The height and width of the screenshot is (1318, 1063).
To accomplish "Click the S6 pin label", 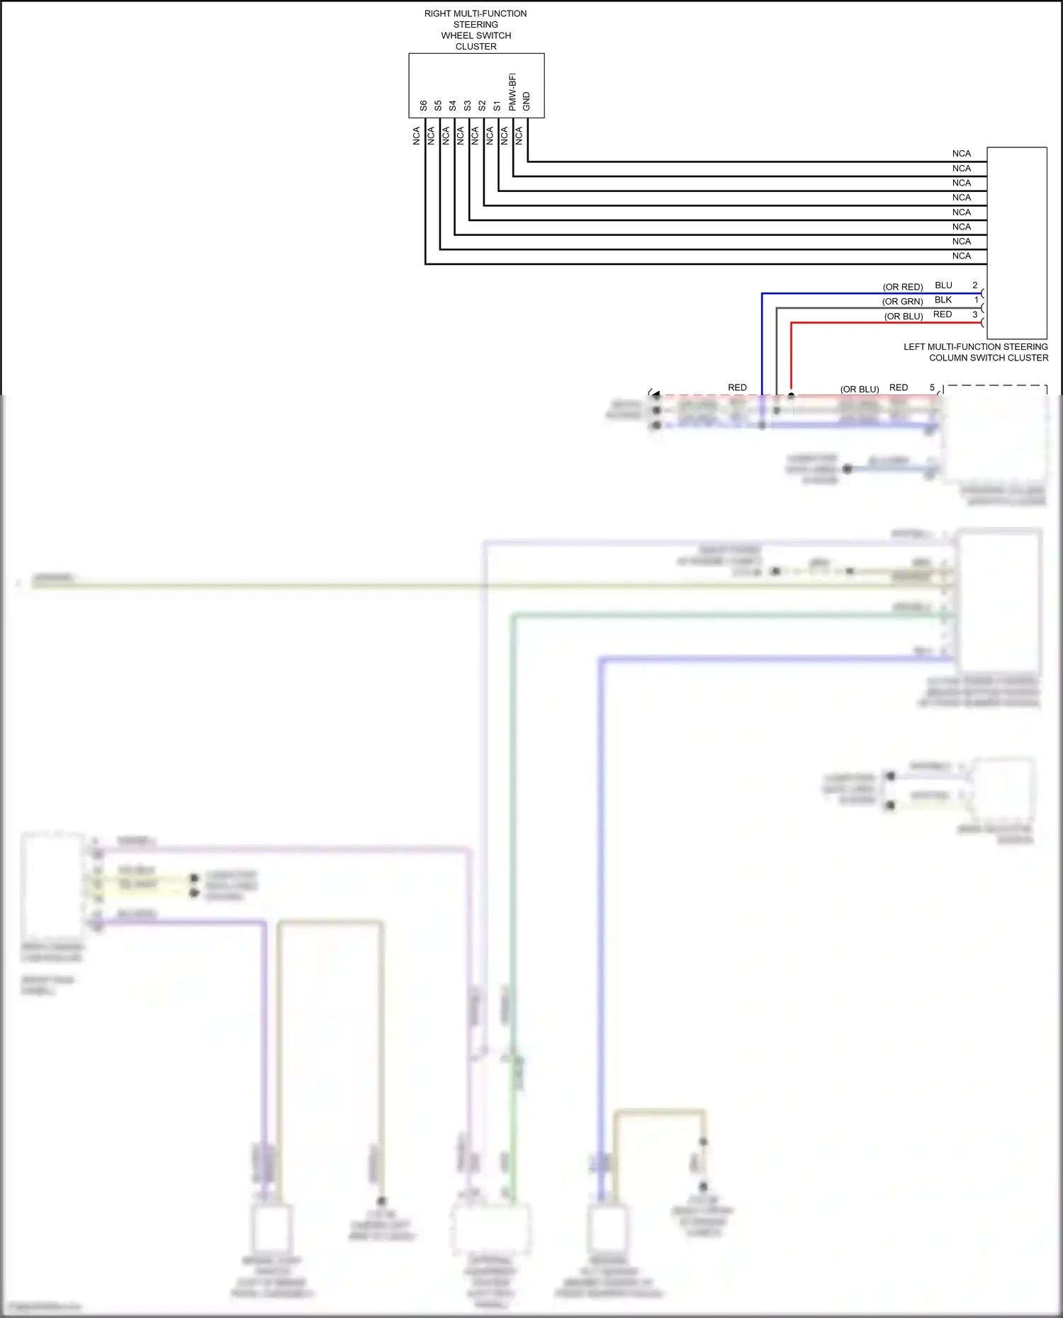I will click(423, 106).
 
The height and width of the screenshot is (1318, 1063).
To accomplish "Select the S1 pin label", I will click(497, 106).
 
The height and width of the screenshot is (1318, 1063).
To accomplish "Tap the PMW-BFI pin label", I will click(512, 92).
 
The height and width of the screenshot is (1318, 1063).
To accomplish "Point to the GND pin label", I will click(527, 101).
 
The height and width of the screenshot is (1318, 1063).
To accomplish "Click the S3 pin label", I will click(467, 106).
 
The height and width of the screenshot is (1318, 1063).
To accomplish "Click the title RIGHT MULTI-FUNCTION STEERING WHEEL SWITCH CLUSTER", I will click(476, 30).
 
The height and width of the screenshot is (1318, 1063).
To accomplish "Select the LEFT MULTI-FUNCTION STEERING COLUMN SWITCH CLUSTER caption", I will click(976, 352).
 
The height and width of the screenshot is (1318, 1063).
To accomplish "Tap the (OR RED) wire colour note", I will click(902, 287).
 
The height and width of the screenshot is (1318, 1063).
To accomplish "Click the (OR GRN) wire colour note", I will click(902, 302).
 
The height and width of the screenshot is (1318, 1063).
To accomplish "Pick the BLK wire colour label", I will click(943, 300).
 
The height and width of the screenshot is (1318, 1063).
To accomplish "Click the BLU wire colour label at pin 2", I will click(943, 285).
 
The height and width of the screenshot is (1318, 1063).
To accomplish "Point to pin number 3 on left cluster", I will click(974, 314).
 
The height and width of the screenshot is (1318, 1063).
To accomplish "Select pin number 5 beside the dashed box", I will click(932, 387).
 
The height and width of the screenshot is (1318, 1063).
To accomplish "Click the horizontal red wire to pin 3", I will click(886, 323).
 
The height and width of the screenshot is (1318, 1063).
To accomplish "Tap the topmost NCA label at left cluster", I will click(961, 154).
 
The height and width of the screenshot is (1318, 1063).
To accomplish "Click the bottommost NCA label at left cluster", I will click(961, 256).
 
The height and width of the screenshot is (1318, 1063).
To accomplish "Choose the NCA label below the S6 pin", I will click(417, 136).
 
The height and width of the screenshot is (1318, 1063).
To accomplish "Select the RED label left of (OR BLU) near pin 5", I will click(737, 387).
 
